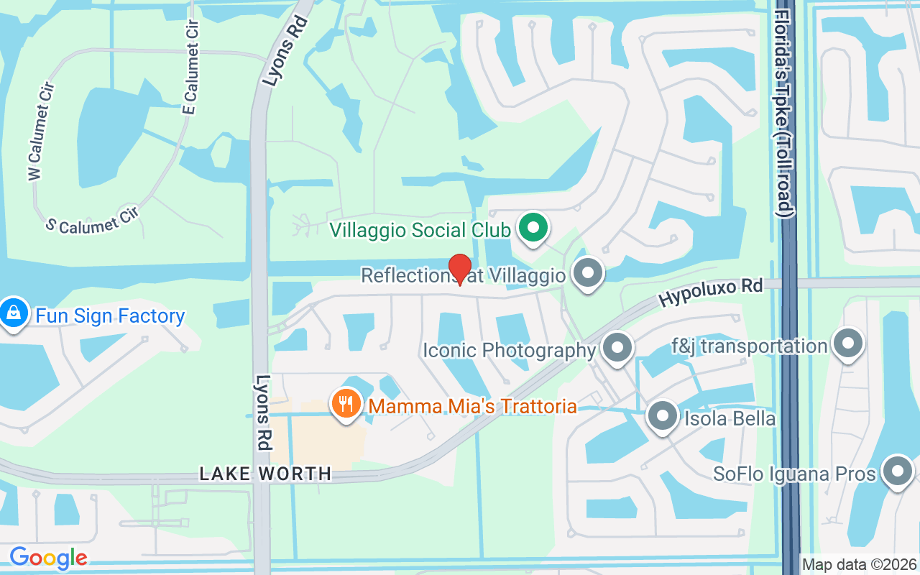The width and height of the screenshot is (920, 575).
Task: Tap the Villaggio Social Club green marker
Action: [533, 229]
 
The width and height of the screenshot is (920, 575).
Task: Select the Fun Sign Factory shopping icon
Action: [14, 313]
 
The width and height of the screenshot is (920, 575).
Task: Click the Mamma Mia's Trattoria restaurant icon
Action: [346, 404]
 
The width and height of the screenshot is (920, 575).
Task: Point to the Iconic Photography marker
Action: [616, 349]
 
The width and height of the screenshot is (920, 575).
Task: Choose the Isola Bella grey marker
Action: [662, 416]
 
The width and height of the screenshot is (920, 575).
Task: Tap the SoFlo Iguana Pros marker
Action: [897, 472]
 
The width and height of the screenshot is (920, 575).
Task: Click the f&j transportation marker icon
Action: [848, 344]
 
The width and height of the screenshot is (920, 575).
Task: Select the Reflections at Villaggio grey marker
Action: [589, 273]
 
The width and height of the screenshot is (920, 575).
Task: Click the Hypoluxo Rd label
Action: [711, 291]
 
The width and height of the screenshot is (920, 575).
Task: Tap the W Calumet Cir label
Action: [40, 132]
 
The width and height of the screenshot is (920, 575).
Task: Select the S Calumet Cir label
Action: [91, 220]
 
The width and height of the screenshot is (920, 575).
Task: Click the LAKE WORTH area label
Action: [265, 474]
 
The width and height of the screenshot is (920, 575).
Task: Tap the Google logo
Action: [48, 558]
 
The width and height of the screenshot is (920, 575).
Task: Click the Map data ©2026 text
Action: [860, 565]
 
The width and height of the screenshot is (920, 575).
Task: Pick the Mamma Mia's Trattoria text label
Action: [472, 407]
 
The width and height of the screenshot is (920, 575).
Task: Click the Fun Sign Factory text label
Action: [110, 316]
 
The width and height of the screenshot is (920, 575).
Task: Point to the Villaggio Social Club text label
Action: [420, 230]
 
